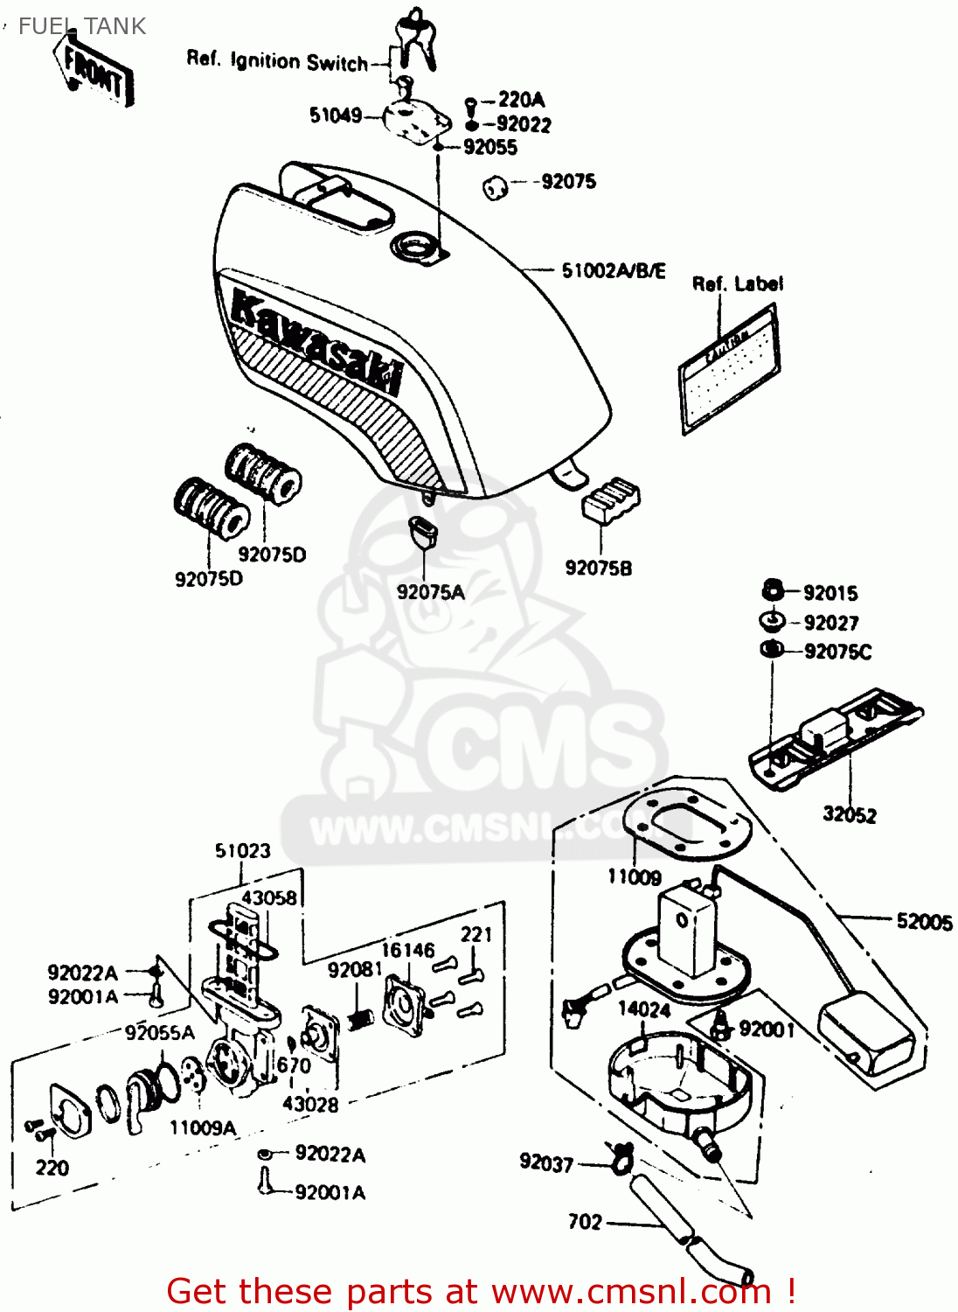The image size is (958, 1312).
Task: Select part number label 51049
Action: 335,115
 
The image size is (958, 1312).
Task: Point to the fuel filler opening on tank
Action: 413,247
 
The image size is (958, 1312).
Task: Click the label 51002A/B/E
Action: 614,270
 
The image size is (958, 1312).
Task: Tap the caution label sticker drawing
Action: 730,368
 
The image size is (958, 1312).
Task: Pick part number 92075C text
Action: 837,652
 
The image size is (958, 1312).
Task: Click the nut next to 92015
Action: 772,590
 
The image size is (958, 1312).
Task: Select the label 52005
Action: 924,921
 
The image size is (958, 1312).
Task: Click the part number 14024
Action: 644,1009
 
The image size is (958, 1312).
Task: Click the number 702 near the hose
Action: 585,1222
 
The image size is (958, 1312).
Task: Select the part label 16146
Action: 407,950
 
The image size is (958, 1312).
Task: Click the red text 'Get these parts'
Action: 322,1291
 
